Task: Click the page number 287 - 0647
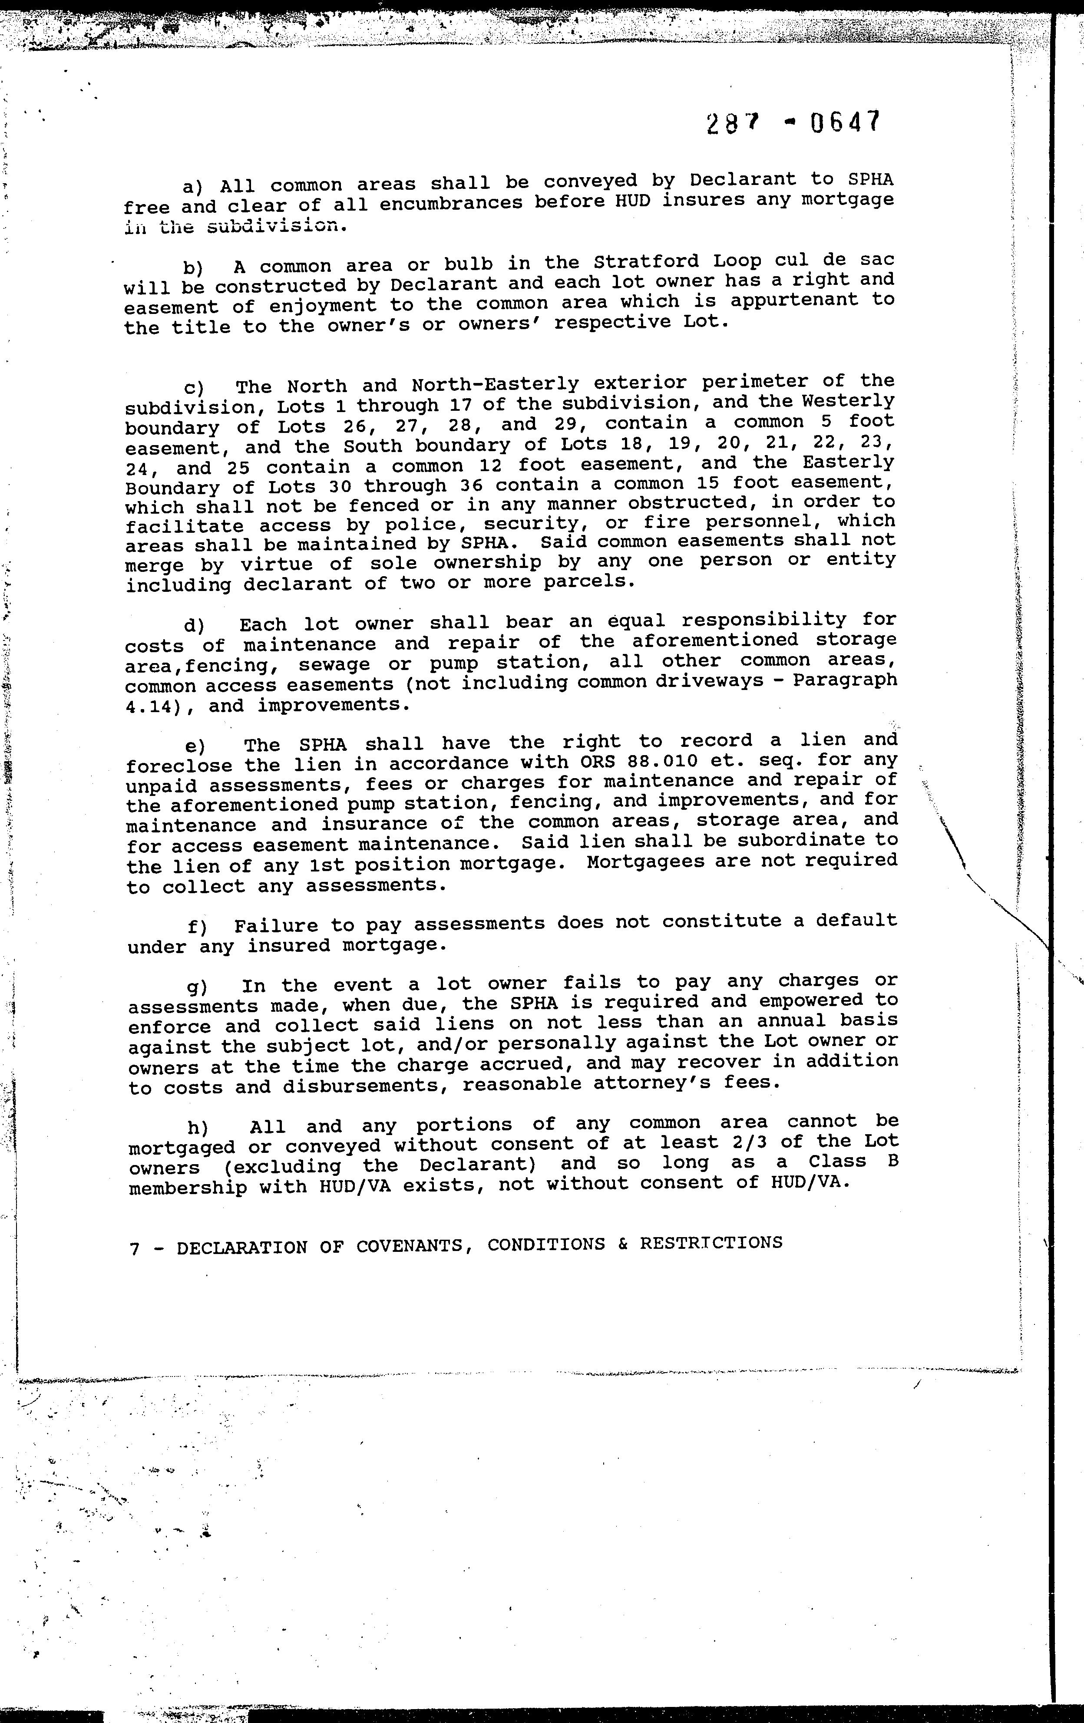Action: (x=791, y=123)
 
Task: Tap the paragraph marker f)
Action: (x=198, y=928)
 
